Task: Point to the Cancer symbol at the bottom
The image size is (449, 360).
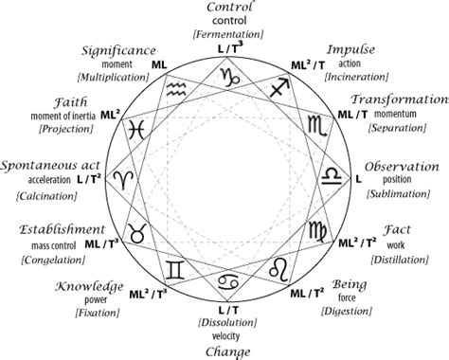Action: point(229,282)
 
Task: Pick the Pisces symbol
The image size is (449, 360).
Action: point(138,126)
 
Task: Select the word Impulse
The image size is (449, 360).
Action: point(351,48)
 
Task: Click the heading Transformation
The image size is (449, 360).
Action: point(399,99)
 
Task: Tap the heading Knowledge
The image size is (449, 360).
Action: point(88,285)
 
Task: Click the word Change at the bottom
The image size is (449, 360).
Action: point(229,352)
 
